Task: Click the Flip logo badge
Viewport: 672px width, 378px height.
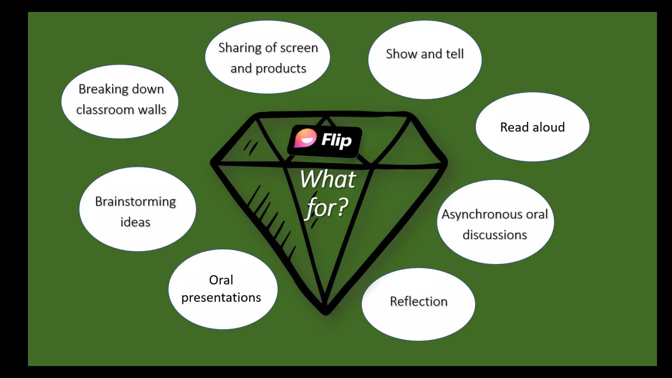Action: [x=325, y=141]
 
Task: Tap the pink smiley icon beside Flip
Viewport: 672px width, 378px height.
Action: [x=305, y=138]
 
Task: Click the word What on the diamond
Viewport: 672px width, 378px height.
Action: [x=328, y=179]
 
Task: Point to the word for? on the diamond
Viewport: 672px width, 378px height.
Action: [x=327, y=207]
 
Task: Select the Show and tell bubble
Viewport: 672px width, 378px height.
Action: [x=425, y=59]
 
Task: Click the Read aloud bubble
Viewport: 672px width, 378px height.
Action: [x=532, y=127]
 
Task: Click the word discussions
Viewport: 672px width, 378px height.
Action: [x=494, y=235]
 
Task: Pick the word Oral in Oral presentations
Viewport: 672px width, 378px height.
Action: [x=221, y=280]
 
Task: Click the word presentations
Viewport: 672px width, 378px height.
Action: [x=221, y=298]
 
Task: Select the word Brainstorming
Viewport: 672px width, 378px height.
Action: [x=135, y=201]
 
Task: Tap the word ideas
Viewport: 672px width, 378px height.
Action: [x=135, y=222]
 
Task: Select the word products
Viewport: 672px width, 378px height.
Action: [x=281, y=69]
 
